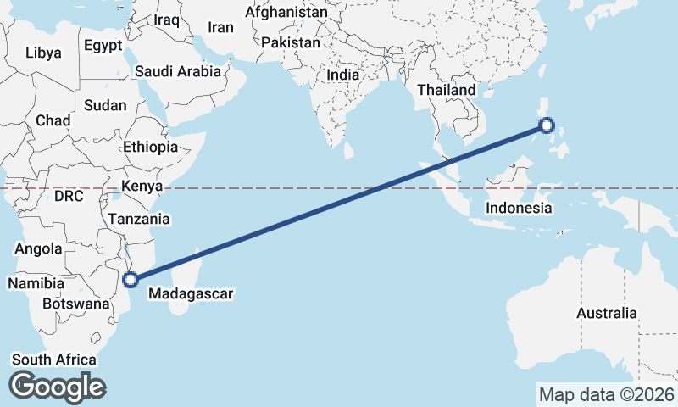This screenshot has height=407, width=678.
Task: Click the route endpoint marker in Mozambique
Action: click(131, 279)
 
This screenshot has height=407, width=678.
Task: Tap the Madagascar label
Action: click(190, 294)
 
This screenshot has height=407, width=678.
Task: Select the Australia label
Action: click(606, 314)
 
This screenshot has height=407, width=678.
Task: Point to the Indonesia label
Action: click(520, 208)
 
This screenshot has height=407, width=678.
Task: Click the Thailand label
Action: click(447, 90)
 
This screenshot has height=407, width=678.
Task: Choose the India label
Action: click(343, 75)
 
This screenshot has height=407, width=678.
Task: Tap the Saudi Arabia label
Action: click(178, 72)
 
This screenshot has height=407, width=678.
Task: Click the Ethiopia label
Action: click(150, 147)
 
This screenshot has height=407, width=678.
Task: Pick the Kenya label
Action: click(142, 186)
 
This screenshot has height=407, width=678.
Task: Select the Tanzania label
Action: click(138, 219)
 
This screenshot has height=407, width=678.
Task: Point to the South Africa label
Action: click(53, 360)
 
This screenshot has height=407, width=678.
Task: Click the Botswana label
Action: click(76, 304)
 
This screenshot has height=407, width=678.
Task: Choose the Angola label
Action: click(39, 249)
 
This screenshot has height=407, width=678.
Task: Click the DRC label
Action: click(69, 196)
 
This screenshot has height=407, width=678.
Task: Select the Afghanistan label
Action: click(286, 13)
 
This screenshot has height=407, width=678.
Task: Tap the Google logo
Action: click(57, 387)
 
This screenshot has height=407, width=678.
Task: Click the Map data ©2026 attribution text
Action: click(606, 394)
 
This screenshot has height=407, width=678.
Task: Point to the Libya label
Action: click(43, 53)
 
